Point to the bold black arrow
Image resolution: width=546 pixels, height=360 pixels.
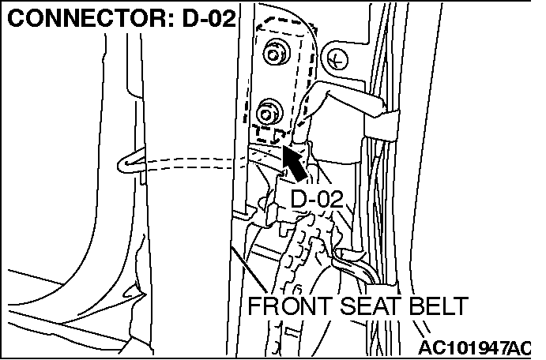(296, 163)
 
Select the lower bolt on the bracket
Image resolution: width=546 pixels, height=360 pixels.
(269, 108)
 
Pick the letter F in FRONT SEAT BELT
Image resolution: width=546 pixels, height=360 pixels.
(254, 307)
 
